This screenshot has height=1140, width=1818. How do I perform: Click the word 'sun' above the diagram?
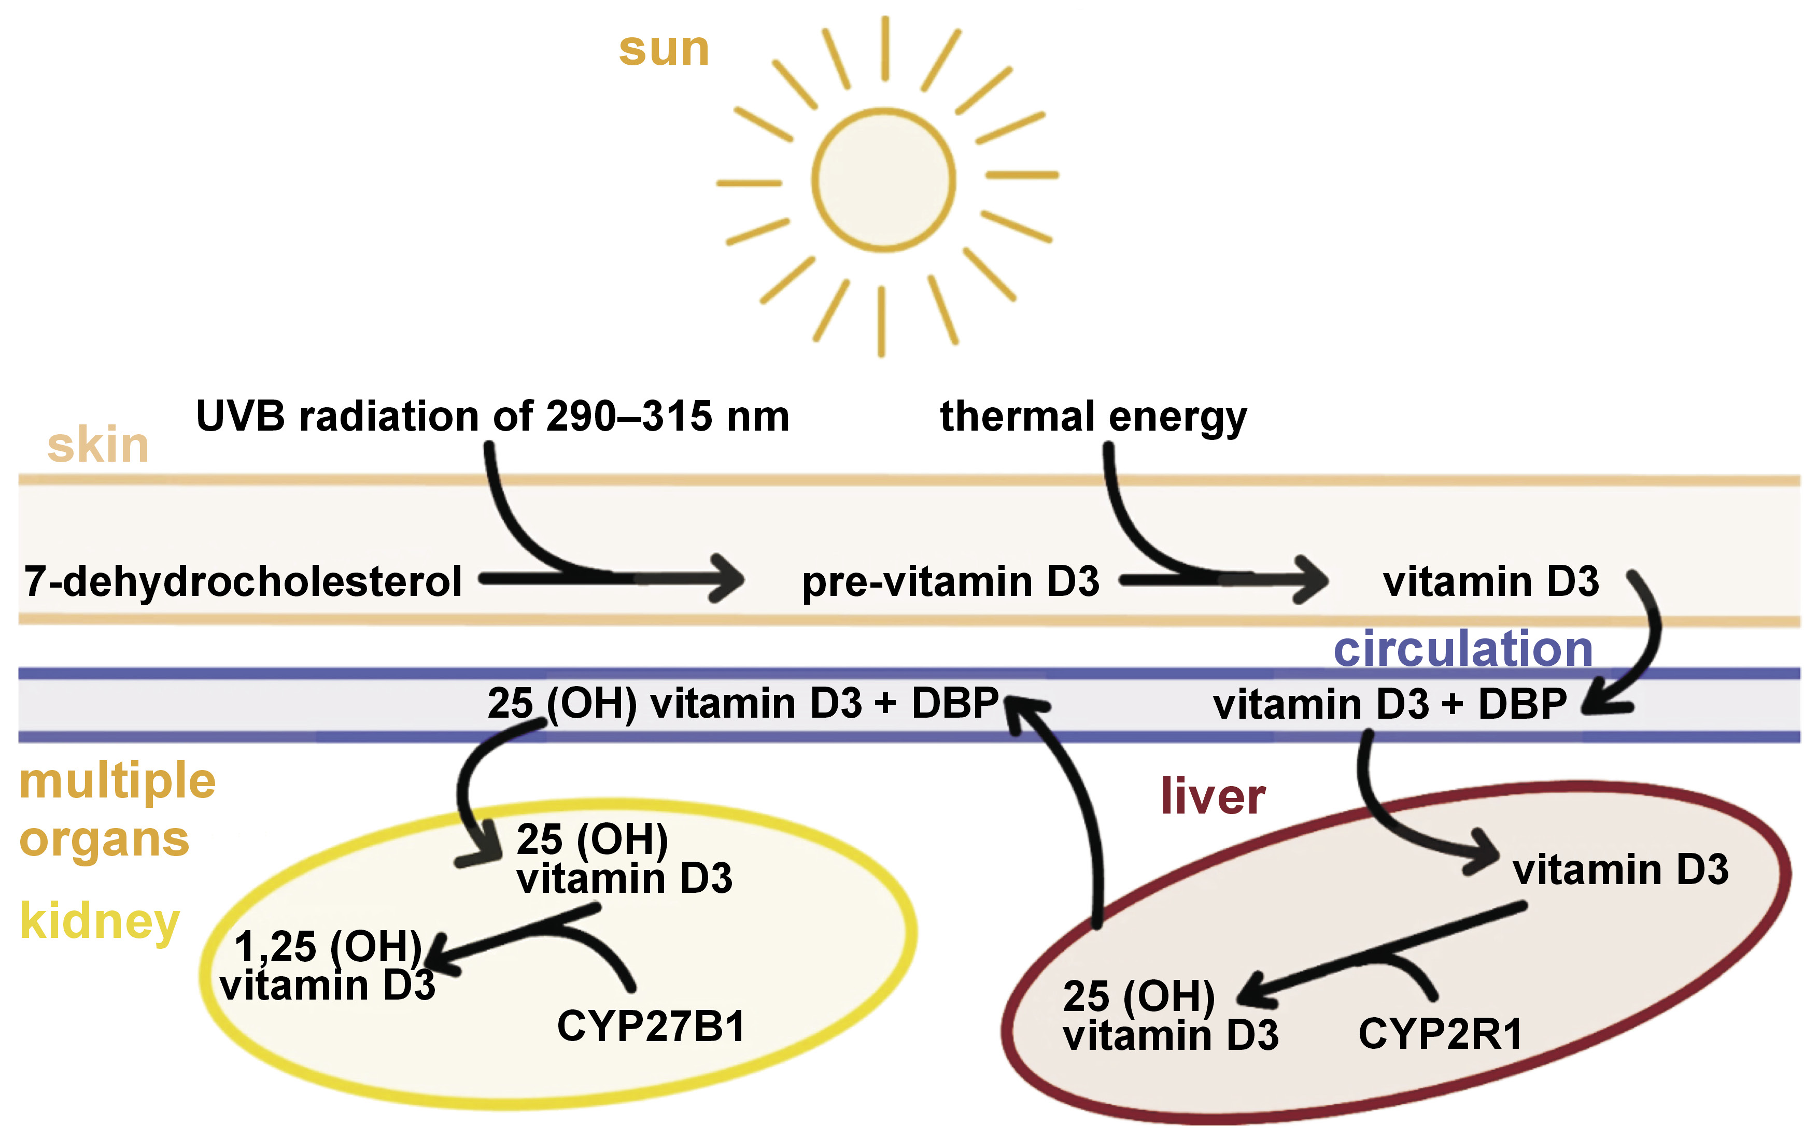click(x=664, y=50)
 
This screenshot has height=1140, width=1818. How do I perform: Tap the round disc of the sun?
click(x=884, y=179)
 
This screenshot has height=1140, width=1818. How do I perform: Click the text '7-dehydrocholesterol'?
click(x=243, y=581)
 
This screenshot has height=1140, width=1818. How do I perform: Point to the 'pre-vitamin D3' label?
click(x=950, y=581)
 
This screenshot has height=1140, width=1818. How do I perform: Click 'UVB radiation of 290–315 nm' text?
click(x=492, y=416)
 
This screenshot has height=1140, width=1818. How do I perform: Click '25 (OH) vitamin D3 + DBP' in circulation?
click(x=743, y=704)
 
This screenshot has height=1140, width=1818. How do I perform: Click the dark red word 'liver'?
click(x=1213, y=797)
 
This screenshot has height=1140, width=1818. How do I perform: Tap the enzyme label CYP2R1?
click(x=1440, y=1034)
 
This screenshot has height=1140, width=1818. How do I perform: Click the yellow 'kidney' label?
click(x=100, y=921)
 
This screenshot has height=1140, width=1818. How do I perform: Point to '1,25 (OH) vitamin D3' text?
click(x=328, y=966)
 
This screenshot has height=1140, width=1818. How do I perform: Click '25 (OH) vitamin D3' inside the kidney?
click(x=624, y=860)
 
